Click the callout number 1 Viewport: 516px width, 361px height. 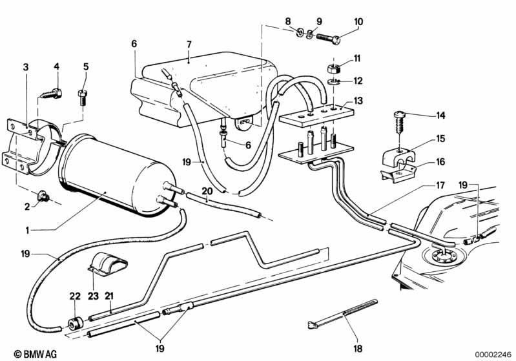28,230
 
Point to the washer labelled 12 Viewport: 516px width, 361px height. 333,81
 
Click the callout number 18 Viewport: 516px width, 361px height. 358,349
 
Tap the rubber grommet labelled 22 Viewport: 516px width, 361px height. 75,324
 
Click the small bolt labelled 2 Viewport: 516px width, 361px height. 43,197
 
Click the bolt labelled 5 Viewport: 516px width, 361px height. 82,98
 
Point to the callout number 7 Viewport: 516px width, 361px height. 189,44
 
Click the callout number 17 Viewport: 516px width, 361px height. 440,185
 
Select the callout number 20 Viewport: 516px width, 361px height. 207,191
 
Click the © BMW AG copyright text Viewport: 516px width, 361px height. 36,354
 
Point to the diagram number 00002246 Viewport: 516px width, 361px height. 493,354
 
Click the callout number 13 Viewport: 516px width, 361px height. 358,100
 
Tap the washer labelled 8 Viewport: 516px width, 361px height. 300,32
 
